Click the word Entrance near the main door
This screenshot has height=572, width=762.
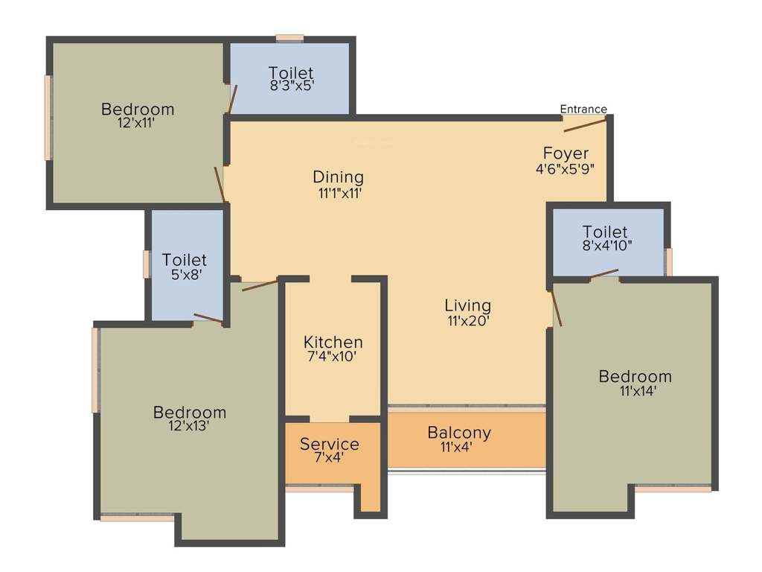pos(583,109)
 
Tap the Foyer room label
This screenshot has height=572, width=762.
pos(566,154)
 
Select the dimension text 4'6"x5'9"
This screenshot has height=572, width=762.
pos(566,169)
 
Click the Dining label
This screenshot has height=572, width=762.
pos(338,177)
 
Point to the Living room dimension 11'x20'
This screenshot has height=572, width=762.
pos(467,321)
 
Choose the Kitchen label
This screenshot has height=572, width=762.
pos(333,342)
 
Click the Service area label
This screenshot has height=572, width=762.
pos(329,445)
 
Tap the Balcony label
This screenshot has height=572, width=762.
pos(459,433)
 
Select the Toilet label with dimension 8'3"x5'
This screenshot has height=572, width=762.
pos(291,73)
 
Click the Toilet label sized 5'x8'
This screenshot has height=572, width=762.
pos(185,261)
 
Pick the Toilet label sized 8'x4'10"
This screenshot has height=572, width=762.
pos(605,232)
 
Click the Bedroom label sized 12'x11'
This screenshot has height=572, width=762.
pos(138,109)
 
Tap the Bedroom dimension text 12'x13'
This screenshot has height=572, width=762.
pos(190,427)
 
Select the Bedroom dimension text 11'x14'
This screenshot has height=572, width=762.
pos(635,391)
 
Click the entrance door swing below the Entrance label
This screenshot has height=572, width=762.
pos(585,124)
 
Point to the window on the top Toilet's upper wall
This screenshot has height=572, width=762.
pos(289,37)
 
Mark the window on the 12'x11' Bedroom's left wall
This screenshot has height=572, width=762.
pos(48,117)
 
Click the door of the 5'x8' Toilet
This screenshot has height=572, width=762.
pos(208,320)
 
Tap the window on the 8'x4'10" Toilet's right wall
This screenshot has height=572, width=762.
pos(669,261)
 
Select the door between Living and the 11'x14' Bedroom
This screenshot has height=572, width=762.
pos(555,308)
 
